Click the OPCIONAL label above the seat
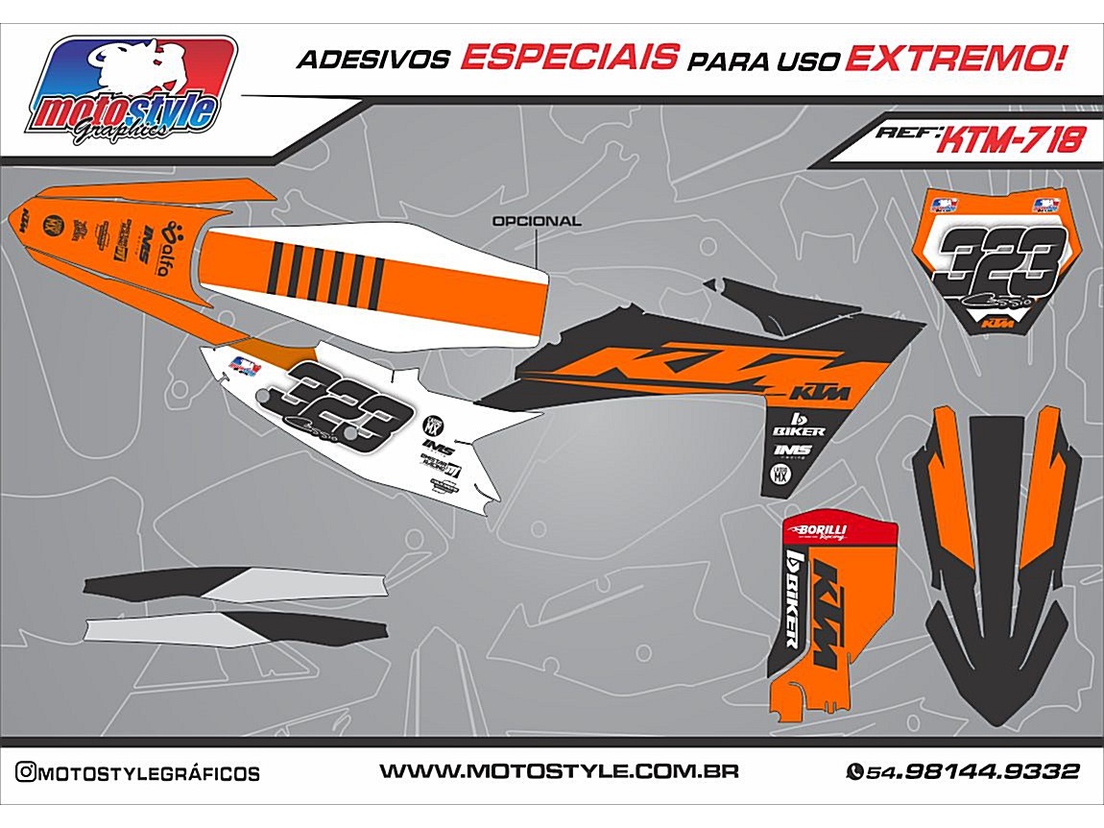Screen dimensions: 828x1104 (536, 221)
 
